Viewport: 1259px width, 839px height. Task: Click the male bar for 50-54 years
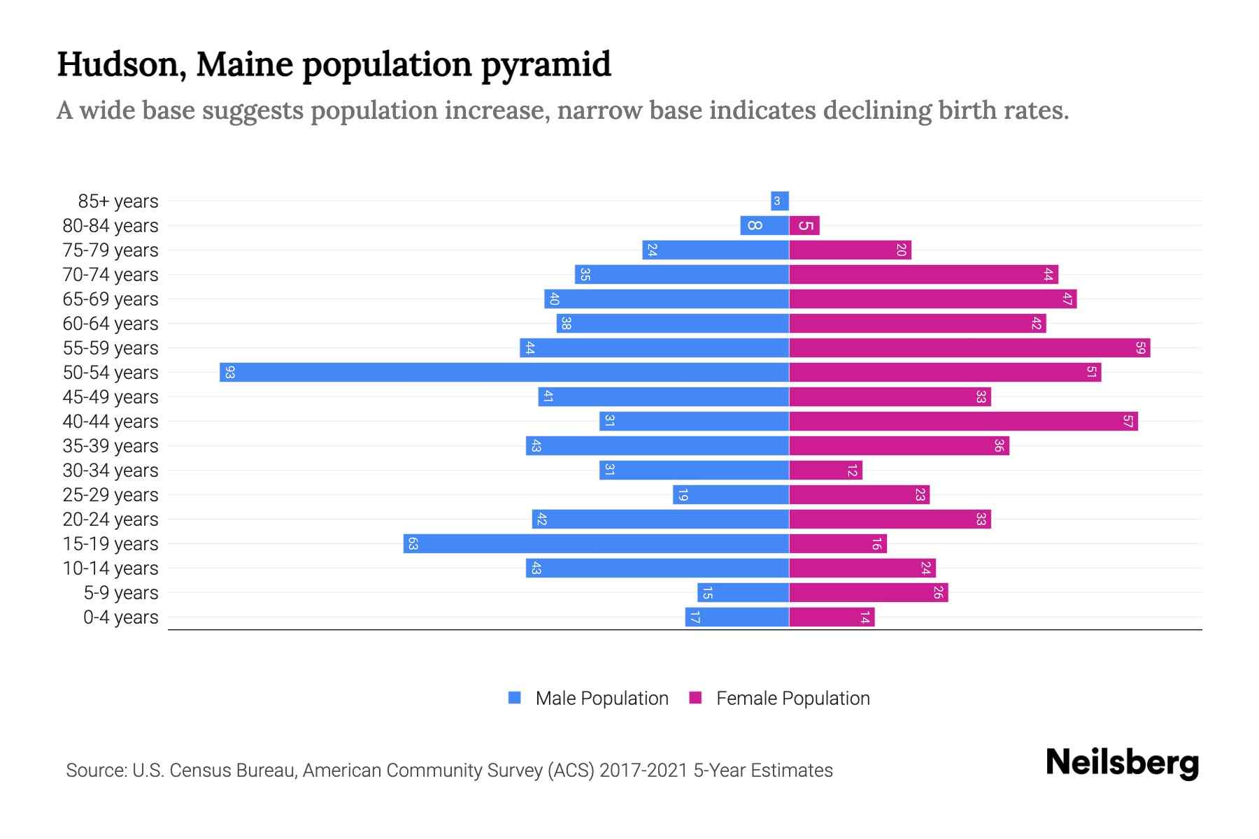click(x=504, y=372)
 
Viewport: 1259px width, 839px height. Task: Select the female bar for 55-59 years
click(x=969, y=347)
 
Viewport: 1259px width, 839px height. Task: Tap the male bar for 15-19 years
click(x=596, y=543)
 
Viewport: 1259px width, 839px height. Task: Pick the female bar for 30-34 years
click(x=825, y=470)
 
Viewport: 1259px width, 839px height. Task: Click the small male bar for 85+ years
click(x=779, y=201)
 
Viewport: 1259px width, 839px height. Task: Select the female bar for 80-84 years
click(x=804, y=225)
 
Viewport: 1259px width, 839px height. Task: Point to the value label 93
click(x=229, y=372)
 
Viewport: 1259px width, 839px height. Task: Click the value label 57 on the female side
click(x=1128, y=421)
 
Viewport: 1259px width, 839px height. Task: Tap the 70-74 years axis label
click(x=111, y=275)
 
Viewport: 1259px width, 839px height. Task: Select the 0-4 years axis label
click(x=120, y=617)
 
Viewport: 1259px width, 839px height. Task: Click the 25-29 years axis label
click(x=111, y=495)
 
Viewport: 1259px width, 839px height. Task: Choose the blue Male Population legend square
click(x=515, y=698)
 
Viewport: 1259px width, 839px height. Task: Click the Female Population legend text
click(x=792, y=698)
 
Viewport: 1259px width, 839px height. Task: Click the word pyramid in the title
click(x=546, y=65)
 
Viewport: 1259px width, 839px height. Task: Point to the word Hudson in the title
click(x=121, y=65)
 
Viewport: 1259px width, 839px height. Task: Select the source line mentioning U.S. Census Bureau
click(x=449, y=770)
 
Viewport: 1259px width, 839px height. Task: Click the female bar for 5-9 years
click(x=868, y=592)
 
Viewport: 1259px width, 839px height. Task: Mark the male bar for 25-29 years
click(x=731, y=494)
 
